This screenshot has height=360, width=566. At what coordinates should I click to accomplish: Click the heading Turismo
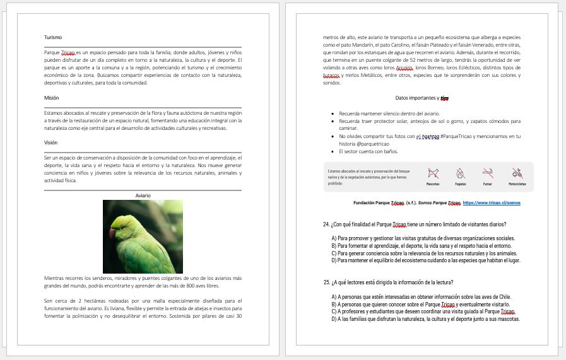tap(53, 37)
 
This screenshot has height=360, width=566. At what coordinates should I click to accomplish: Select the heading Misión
tap(52, 98)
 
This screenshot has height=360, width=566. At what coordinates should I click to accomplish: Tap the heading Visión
tap(51, 142)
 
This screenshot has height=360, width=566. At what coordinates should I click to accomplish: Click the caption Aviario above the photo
tap(143, 195)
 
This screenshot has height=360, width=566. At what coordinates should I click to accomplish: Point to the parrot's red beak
tap(113, 233)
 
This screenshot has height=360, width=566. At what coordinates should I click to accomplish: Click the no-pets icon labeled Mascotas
tap(433, 172)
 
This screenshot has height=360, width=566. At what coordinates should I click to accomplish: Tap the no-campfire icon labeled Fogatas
tap(461, 172)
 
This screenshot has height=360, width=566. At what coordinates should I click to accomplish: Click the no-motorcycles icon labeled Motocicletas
tap(517, 172)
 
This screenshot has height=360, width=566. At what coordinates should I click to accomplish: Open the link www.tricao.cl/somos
tap(492, 203)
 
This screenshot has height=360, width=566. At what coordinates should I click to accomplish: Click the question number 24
tap(326, 224)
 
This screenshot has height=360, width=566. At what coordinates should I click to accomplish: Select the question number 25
tap(327, 282)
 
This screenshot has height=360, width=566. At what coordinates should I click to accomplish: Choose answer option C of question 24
tap(334, 253)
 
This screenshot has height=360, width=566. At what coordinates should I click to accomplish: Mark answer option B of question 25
tap(334, 304)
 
